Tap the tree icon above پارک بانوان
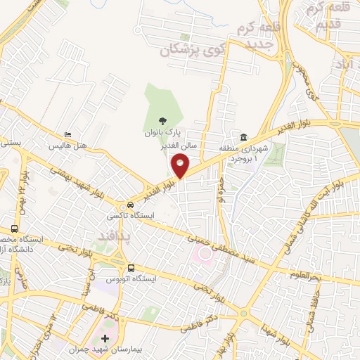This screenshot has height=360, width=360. (163, 120)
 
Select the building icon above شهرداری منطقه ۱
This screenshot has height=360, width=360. (243, 137)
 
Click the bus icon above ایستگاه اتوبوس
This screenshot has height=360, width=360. (131, 267)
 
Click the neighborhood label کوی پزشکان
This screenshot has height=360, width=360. (186, 50)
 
